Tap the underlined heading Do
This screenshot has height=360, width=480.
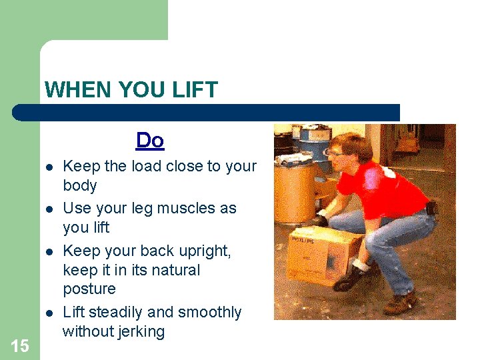pyautogui.click(x=150, y=141)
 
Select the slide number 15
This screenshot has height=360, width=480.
pyautogui.click(x=20, y=345)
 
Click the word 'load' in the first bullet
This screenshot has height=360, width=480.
pyautogui.click(x=142, y=166)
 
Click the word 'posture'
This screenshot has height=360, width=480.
pyautogui.click(x=89, y=289)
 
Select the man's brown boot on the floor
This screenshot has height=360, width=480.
pyautogui.click(x=400, y=304)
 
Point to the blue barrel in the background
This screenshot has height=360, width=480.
pyautogui.click(x=311, y=139)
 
